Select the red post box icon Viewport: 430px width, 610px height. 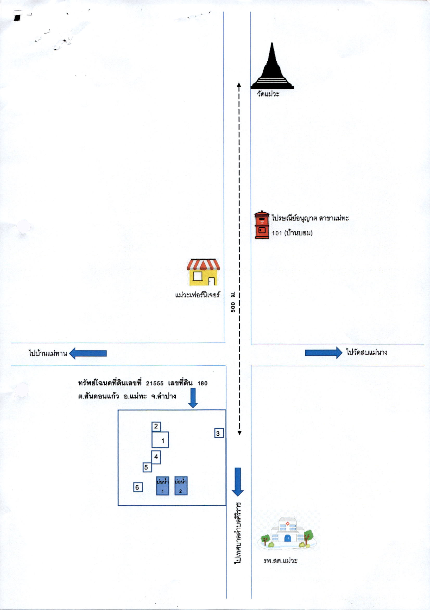pyautogui.click(x=262, y=225)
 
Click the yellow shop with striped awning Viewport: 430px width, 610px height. pyautogui.click(x=203, y=272)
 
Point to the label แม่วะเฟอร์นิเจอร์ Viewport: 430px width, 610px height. pyautogui.click(x=198, y=295)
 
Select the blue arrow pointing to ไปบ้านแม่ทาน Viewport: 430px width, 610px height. pyautogui.click(x=88, y=353)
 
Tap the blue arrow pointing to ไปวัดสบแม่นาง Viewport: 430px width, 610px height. pyautogui.click(x=324, y=353)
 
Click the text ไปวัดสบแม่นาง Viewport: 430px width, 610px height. pyautogui.click(x=367, y=352)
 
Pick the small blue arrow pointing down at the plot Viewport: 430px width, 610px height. pyautogui.click(x=193, y=398)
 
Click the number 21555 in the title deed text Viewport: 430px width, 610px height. pyautogui.click(x=155, y=383)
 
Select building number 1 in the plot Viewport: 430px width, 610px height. pyautogui.click(x=160, y=440)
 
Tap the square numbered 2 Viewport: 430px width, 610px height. pyautogui.click(x=156, y=427)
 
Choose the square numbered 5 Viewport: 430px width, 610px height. pyautogui.click(x=147, y=467)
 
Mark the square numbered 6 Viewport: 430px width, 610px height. pyautogui.click(x=138, y=487)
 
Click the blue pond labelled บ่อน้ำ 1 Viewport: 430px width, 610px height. pyautogui.click(x=163, y=486)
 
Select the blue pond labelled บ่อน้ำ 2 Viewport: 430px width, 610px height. pyautogui.click(x=181, y=486)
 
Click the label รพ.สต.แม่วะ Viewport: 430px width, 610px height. pyautogui.click(x=281, y=561)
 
